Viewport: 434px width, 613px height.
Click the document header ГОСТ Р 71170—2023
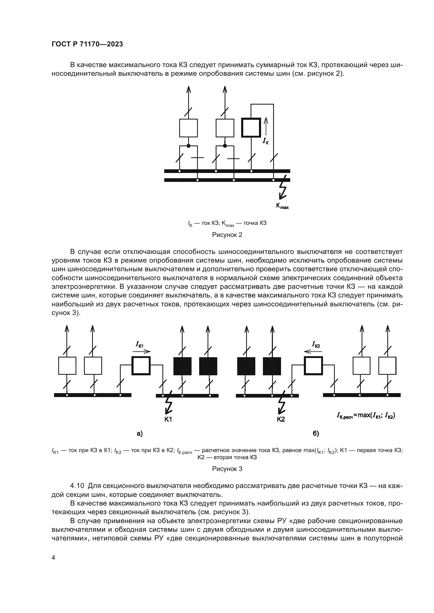pos(87,44)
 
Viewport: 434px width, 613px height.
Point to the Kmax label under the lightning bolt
pos(282,206)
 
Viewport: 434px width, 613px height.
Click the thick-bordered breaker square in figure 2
pos(251,128)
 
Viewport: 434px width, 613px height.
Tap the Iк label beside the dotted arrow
pos(265,141)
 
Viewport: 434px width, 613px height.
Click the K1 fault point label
pos(168,419)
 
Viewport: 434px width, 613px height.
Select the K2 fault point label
pos(280,419)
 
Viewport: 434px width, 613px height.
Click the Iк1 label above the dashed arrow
pos(140,345)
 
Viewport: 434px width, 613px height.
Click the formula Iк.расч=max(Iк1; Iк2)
pos(366,415)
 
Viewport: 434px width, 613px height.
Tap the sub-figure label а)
pos(140,434)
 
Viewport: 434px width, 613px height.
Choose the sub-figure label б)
pos(316,434)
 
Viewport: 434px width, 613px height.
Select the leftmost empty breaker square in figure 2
pos(188,128)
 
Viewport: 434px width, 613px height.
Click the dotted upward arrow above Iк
pos(265,127)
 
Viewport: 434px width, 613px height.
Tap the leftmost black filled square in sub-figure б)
pos(246,366)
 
